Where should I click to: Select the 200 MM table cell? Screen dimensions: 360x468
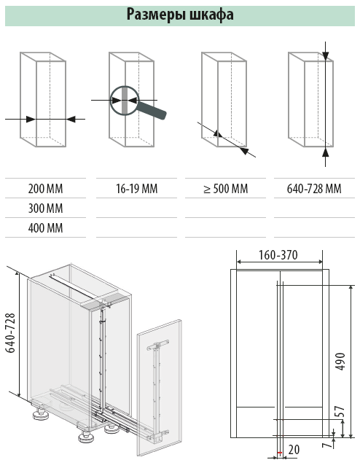click(x=46, y=189)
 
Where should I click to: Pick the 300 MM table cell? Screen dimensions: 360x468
click(x=46, y=208)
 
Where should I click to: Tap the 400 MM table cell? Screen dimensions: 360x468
click(x=46, y=228)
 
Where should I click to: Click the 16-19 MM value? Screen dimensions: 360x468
click(x=136, y=189)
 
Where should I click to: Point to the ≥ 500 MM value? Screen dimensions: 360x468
click(x=225, y=189)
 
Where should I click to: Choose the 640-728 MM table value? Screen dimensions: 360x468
click(x=314, y=189)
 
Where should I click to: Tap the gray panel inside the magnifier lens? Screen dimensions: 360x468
click(x=125, y=101)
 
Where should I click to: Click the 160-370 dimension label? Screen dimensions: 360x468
click(x=278, y=255)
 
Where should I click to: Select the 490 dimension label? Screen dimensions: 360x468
click(x=340, y=362)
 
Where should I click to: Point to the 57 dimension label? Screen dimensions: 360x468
click(x=340, y=412)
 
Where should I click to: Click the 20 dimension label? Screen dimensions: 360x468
click(x=294, y=450)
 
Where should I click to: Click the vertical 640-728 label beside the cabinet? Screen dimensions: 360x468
click(x=10, y=333)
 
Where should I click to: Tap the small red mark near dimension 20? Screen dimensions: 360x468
click(x=279, y=453)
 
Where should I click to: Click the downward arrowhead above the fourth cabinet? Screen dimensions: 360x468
click(x=326, y=56)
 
